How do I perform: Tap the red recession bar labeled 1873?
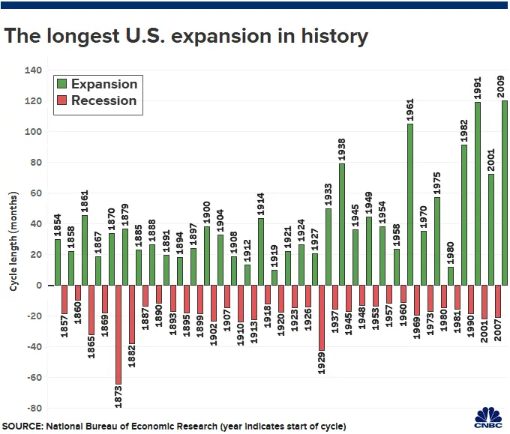(x=118, y=334)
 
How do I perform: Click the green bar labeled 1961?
(x=409, y=205)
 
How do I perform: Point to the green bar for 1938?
(x=342, y=224)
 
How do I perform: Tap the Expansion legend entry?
(x=95, y=84)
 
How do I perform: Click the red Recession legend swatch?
(x=61, y=100)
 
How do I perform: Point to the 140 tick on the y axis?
(x=34, y=70)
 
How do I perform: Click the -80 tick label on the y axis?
(x=34, y=409)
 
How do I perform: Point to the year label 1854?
(x=58, y=225)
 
